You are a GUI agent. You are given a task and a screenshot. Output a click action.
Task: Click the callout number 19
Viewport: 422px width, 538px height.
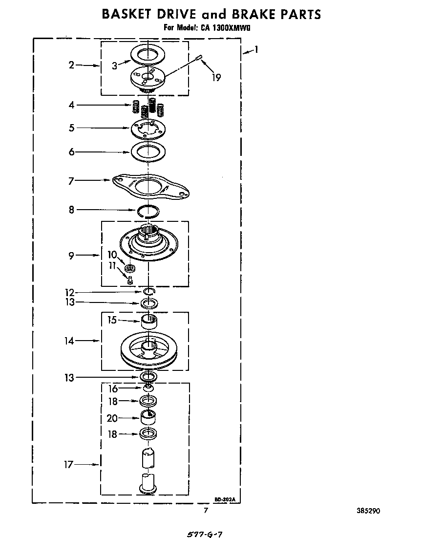point(216,77)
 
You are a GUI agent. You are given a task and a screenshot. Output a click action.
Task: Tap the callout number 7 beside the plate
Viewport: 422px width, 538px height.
point(71,181)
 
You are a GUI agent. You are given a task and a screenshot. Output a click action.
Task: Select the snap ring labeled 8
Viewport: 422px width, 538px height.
point(148,211)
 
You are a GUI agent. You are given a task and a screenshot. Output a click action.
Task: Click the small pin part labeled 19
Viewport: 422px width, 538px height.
point(199,59)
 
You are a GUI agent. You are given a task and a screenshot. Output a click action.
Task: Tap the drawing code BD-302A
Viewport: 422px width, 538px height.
point(225,499)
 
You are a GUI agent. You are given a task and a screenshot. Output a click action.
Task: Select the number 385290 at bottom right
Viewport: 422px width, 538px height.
point(368,511)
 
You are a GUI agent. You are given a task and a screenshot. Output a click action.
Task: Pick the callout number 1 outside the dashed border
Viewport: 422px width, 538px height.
point(256,49)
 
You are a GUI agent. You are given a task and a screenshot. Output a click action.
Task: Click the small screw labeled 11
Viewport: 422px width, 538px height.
point(130,280)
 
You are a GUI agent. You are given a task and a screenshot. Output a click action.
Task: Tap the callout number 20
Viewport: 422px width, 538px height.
point(112,418)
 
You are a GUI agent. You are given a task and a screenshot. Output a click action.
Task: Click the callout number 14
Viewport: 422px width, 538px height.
point(70,341)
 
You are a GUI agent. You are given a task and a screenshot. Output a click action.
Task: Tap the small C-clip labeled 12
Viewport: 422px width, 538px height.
point(149,292)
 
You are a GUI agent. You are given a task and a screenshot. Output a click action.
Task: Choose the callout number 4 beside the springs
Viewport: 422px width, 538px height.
point(71,105)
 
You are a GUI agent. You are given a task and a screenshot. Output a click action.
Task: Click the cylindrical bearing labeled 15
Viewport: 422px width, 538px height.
point(148,322)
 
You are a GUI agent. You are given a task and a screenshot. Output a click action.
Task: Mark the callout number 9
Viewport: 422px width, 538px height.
point(71,255)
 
